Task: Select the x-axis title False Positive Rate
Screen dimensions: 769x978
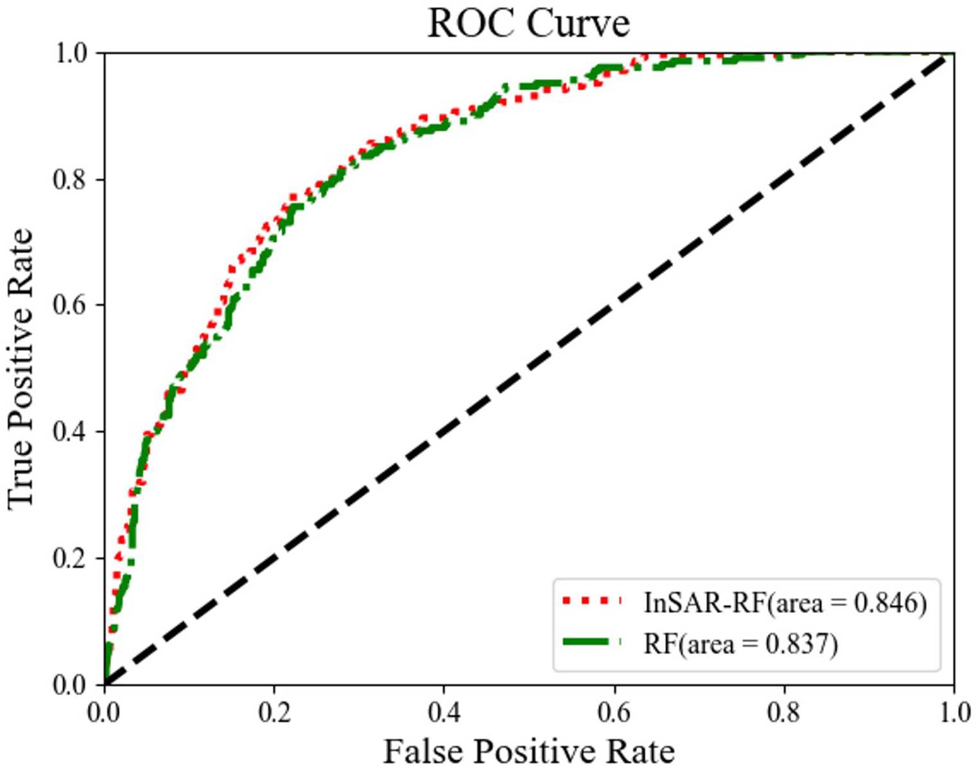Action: click(528, 750)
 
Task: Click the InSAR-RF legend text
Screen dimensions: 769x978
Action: click(785, 603)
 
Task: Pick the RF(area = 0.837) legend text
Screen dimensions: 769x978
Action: click(740, 643)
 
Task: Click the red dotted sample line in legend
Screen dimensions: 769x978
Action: click(591, 601)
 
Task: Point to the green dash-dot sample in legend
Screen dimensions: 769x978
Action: click(591, 642)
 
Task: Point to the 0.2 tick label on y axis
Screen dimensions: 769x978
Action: click(69, 558)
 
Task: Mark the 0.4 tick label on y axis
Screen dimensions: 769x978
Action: click(69, 432)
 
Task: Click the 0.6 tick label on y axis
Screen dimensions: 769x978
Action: click(69, 305)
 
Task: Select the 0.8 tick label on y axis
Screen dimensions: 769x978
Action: click(69, 179)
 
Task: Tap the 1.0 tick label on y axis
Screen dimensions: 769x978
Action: click(69, 53)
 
